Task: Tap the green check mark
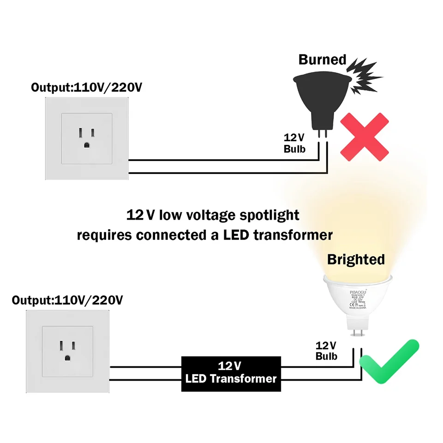pos(389,361)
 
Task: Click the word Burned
pos(322,60)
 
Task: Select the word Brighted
pos(356,259)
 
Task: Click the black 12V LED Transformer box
pos(230,373)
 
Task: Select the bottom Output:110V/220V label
pos(67,300)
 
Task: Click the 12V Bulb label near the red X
pos(294,143)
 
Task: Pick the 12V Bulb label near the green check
pos(326,351)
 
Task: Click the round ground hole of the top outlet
pos(86,144)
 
